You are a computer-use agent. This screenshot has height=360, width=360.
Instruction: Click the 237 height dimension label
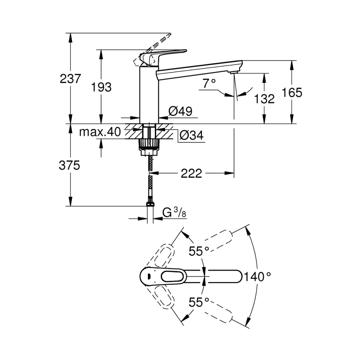point(70,79)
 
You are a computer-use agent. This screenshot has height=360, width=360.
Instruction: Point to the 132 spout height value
point(264,98)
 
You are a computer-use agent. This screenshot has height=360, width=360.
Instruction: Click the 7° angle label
point(209,83)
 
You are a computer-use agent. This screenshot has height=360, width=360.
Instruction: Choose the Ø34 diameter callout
point(192,136)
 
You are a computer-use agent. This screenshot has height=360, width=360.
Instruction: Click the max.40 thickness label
point(99,132)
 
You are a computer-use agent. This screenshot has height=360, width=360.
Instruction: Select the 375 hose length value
point(70,165)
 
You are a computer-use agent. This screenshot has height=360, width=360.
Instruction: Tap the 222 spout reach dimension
point(191,173)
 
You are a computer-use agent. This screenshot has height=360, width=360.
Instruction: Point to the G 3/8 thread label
point(175,213)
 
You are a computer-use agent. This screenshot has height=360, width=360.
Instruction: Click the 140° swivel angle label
point(259,276)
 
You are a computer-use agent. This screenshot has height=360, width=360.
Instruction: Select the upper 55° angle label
point(199,251)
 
